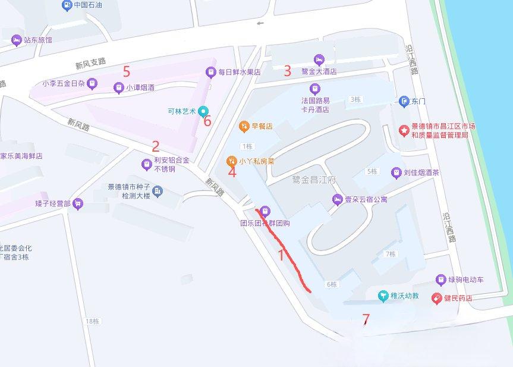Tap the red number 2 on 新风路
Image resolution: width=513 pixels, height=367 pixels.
click(x=156, y=146)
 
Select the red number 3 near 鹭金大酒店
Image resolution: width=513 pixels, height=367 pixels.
click(x=288, y=71)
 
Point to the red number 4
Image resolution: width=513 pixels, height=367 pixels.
click(x=232, y=172)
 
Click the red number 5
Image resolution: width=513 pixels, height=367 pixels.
click(x=127, y=71)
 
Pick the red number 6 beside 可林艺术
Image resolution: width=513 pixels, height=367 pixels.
click(x=207, y=121)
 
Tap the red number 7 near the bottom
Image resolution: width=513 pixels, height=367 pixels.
click(x=366, y=319)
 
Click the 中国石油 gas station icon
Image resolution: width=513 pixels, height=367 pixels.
click(x=66, y=5)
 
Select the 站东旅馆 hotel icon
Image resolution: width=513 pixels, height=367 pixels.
click(x=16, y=40)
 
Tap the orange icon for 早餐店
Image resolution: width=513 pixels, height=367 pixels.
click(x=243, y=126)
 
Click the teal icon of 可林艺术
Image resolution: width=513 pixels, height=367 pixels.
click(x=203, y=111)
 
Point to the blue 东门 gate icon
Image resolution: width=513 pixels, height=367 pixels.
click(x=404, y=101)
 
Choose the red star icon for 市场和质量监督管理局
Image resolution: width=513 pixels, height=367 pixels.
click(x=404, y=130)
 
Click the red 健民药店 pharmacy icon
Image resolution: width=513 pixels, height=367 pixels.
click(x=436, y=297)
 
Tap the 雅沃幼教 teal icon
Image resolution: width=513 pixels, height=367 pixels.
click(x=384, y=296)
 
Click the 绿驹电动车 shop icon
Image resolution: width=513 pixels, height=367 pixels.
click(x=440, y=280)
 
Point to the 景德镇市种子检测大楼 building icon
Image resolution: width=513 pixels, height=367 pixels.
click(x=157, y=191)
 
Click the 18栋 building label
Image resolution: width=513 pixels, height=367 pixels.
click(x=92, y=321)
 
